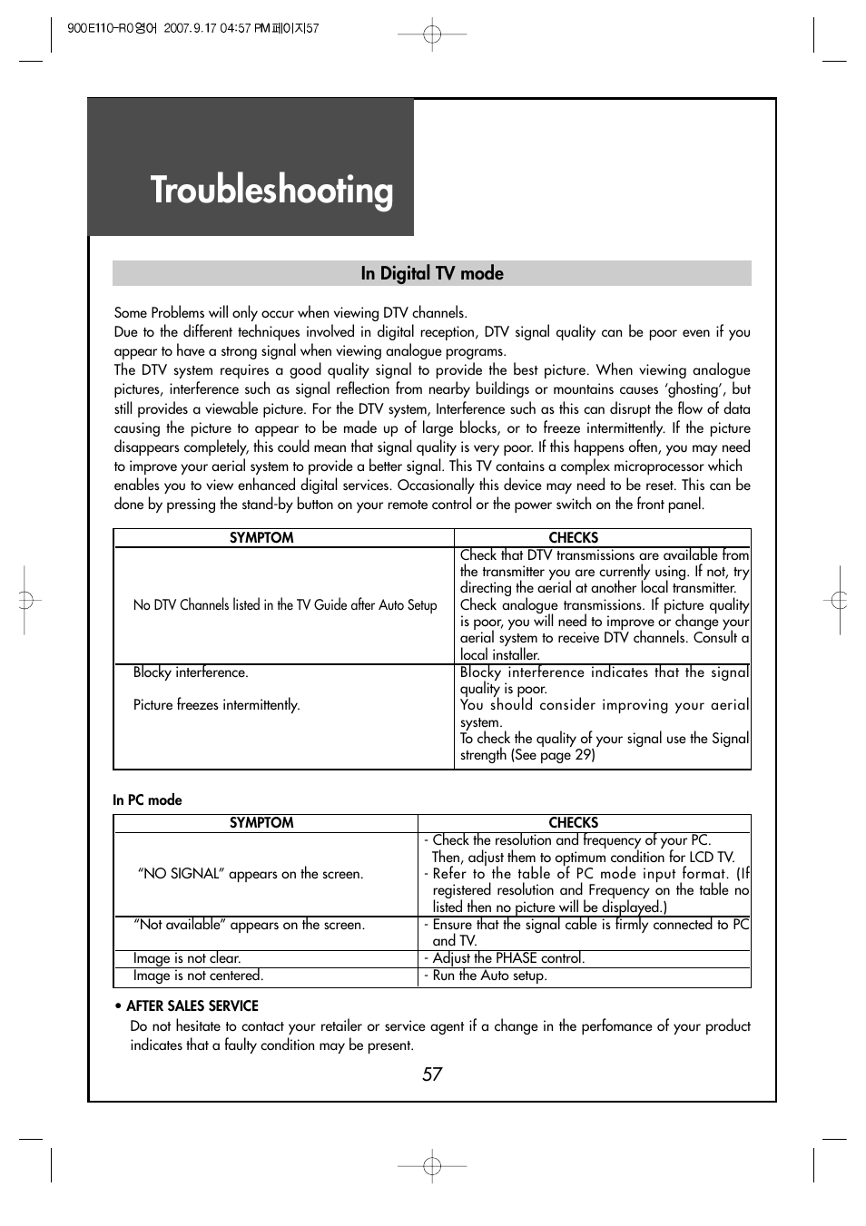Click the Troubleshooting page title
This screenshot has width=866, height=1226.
point(271,190)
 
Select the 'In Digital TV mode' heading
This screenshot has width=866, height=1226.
point(432,273)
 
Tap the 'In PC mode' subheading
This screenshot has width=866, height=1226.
point(147,799)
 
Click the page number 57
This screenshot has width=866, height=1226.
point(432,1074)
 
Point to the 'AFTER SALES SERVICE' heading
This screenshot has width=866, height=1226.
point(192,1005)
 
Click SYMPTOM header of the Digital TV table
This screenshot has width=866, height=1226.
point(261,537)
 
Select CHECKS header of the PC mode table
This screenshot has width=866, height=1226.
point(574,822)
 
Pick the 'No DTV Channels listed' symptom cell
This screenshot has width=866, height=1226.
point(284,604)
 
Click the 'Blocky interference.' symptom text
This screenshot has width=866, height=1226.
point(191,672)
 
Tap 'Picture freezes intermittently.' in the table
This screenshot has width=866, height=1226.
point(216,705)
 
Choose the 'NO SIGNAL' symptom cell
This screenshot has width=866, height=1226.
point(250,873)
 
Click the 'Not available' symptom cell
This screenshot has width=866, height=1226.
point(249,925)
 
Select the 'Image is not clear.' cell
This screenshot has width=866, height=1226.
point(187,958)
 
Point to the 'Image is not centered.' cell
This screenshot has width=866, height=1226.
point(198,976)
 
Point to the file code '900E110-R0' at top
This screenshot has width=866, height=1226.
point(99,28)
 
